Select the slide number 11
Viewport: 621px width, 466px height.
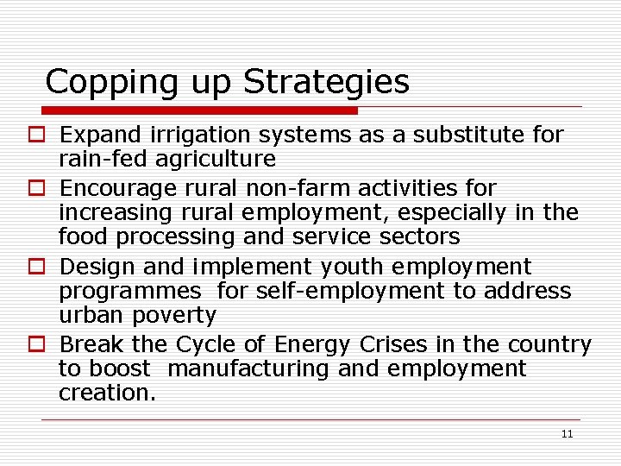[567, 434]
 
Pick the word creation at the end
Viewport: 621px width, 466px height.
[105, 393]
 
